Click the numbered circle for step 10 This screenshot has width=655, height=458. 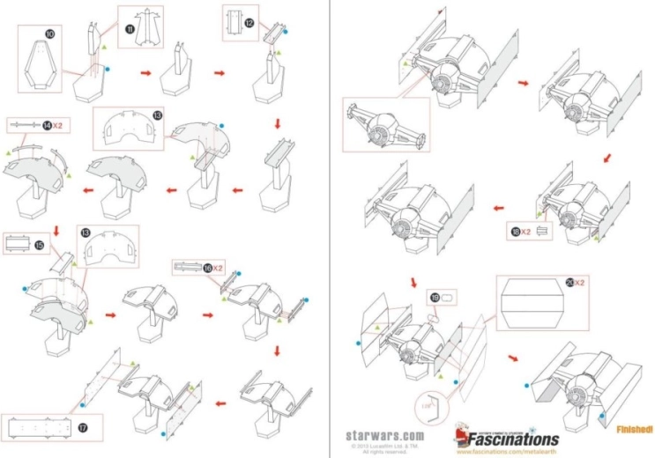click(50, 33)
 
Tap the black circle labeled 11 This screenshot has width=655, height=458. click(130, 29)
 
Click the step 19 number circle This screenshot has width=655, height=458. click(435, 298)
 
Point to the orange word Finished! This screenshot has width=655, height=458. click(636, 429)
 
